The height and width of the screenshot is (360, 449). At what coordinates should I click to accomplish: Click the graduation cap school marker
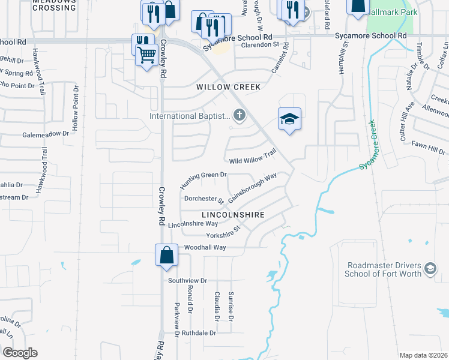tap(289, 119)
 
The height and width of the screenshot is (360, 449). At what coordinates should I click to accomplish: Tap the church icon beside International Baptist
tap(239, 115)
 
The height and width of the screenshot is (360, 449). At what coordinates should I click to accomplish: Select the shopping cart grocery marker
tap(146, 56)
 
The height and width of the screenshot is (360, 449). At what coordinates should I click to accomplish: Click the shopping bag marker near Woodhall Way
tap(166, 255)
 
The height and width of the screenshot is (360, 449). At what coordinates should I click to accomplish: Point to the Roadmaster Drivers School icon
tap(430, 269)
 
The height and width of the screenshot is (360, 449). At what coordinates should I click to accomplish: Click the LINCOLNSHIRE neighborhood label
tap(233, 214)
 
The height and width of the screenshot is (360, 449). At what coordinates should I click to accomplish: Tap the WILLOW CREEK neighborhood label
tap(229, 87)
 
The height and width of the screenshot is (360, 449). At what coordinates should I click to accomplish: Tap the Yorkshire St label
tap(223, 232)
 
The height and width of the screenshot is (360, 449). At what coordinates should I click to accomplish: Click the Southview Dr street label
tap(187, 280)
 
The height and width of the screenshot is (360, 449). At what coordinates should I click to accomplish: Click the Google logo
tap(20, 352)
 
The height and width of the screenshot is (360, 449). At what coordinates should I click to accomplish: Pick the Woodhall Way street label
tap(205, 247)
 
